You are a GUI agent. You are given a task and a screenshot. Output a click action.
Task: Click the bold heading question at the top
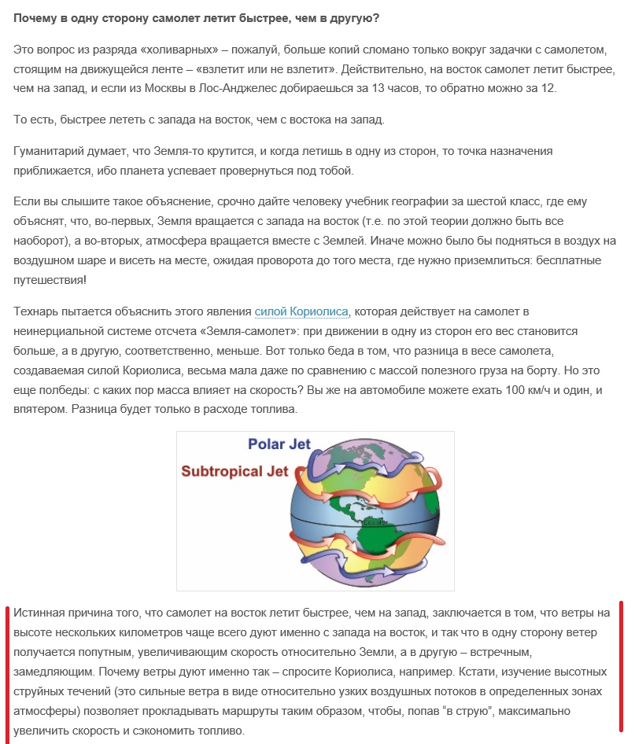coord(196,16)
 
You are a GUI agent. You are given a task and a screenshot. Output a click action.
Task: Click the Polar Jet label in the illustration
coord(279,444)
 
